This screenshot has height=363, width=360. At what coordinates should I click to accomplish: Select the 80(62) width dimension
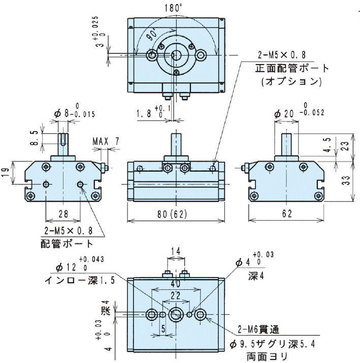pyautogui.click(x=171, y=214)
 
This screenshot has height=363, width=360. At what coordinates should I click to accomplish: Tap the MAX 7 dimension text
pyautogui.click(x=105, y=141)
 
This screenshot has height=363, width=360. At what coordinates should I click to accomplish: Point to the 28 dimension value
pyautogui.click(x=63, y=214)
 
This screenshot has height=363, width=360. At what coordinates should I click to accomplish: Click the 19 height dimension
pyautogui.click(x=5, y=172)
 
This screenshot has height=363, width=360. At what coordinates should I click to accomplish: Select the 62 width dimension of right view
pyautogui.click(x=287, y=214)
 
